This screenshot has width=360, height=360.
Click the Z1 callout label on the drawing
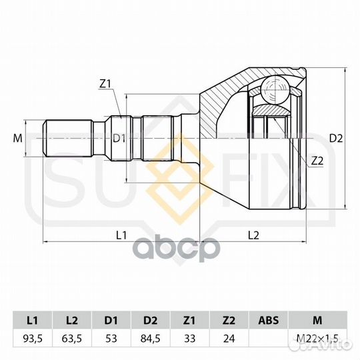[x=105, y=84]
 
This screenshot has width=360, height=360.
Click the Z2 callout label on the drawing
[x=317, y=161]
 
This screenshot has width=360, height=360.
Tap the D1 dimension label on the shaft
[x=119, y=138]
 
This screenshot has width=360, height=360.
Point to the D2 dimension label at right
[x=336, y=138]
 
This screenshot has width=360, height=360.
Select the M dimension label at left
[x=18, y=138]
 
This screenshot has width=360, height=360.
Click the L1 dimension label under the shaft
[x=121, y=235]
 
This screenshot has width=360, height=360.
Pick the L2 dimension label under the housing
[x=253, y=235]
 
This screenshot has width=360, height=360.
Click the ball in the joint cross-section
[x=275, y=89]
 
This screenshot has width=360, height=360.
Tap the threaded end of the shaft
[x=68, y=138]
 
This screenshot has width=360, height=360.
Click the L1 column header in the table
[x=33, y=320]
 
